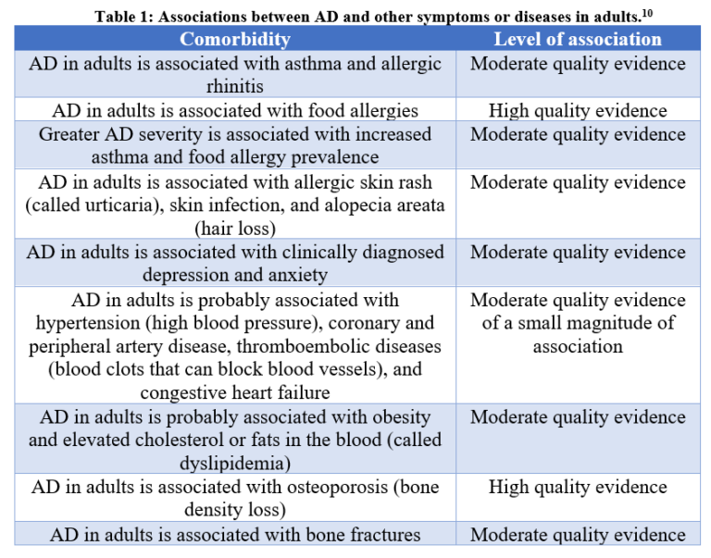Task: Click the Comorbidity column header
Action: (234, 39)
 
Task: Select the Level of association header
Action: (578, 39)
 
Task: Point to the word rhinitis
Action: (235, 86)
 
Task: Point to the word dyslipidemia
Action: (235, 463)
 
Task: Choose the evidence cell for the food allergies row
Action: (578, 110)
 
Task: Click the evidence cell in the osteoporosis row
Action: (578, 487)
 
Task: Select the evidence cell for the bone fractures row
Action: (578, 534)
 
